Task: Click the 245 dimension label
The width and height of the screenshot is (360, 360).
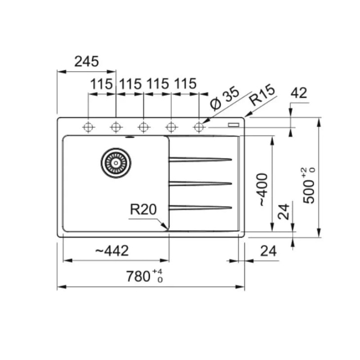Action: pyautogui.click(x=86, y=62)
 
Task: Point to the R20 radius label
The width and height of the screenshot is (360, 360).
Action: pyautogui.click(x=144, y=209)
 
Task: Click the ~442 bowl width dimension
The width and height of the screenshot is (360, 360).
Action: pyautogui.click(x=112, y=251)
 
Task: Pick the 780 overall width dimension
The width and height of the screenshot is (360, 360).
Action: pyautogui.click(x=144, y=276)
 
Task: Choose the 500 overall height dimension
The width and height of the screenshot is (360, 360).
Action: pyautogui.click(x=309, y=185)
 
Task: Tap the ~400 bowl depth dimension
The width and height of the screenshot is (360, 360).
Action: pyautogui.click(x=263, y=189)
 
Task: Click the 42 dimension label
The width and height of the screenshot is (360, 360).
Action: pyautogui.click(x=299, y=93)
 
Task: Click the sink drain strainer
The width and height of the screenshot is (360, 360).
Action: pyautogui.click(x=116, y=163)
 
